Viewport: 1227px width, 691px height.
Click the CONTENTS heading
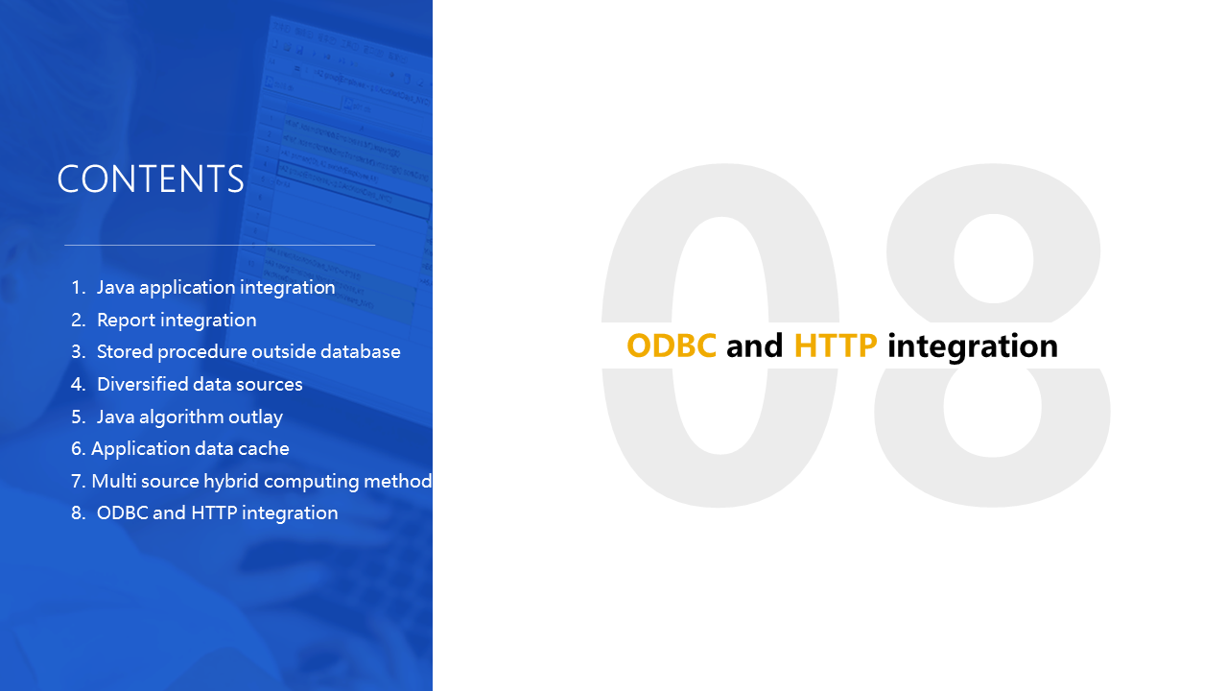(150, 179)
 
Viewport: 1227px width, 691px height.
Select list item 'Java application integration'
(216, 288)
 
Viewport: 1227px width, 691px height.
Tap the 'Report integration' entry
(177, 320)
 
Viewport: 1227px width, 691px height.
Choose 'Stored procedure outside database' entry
(248, 352)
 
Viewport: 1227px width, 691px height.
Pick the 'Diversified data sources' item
(200, 384)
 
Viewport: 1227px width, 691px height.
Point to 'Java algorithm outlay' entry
(190, 417)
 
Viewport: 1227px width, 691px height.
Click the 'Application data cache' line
(190, 449)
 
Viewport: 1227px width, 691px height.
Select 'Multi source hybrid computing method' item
(261, 481)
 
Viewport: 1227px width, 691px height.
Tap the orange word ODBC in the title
(672, 345)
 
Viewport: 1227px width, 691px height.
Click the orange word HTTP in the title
(836, 345)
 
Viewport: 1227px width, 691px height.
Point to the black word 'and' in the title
(755, 345)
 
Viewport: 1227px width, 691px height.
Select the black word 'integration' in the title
(973, 346)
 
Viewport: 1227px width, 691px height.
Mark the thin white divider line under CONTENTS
(220, 245)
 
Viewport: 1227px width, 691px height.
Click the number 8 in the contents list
(78, 512)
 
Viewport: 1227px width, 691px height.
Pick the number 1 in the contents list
(78, 288)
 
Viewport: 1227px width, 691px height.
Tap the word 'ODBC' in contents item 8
(122, 512)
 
